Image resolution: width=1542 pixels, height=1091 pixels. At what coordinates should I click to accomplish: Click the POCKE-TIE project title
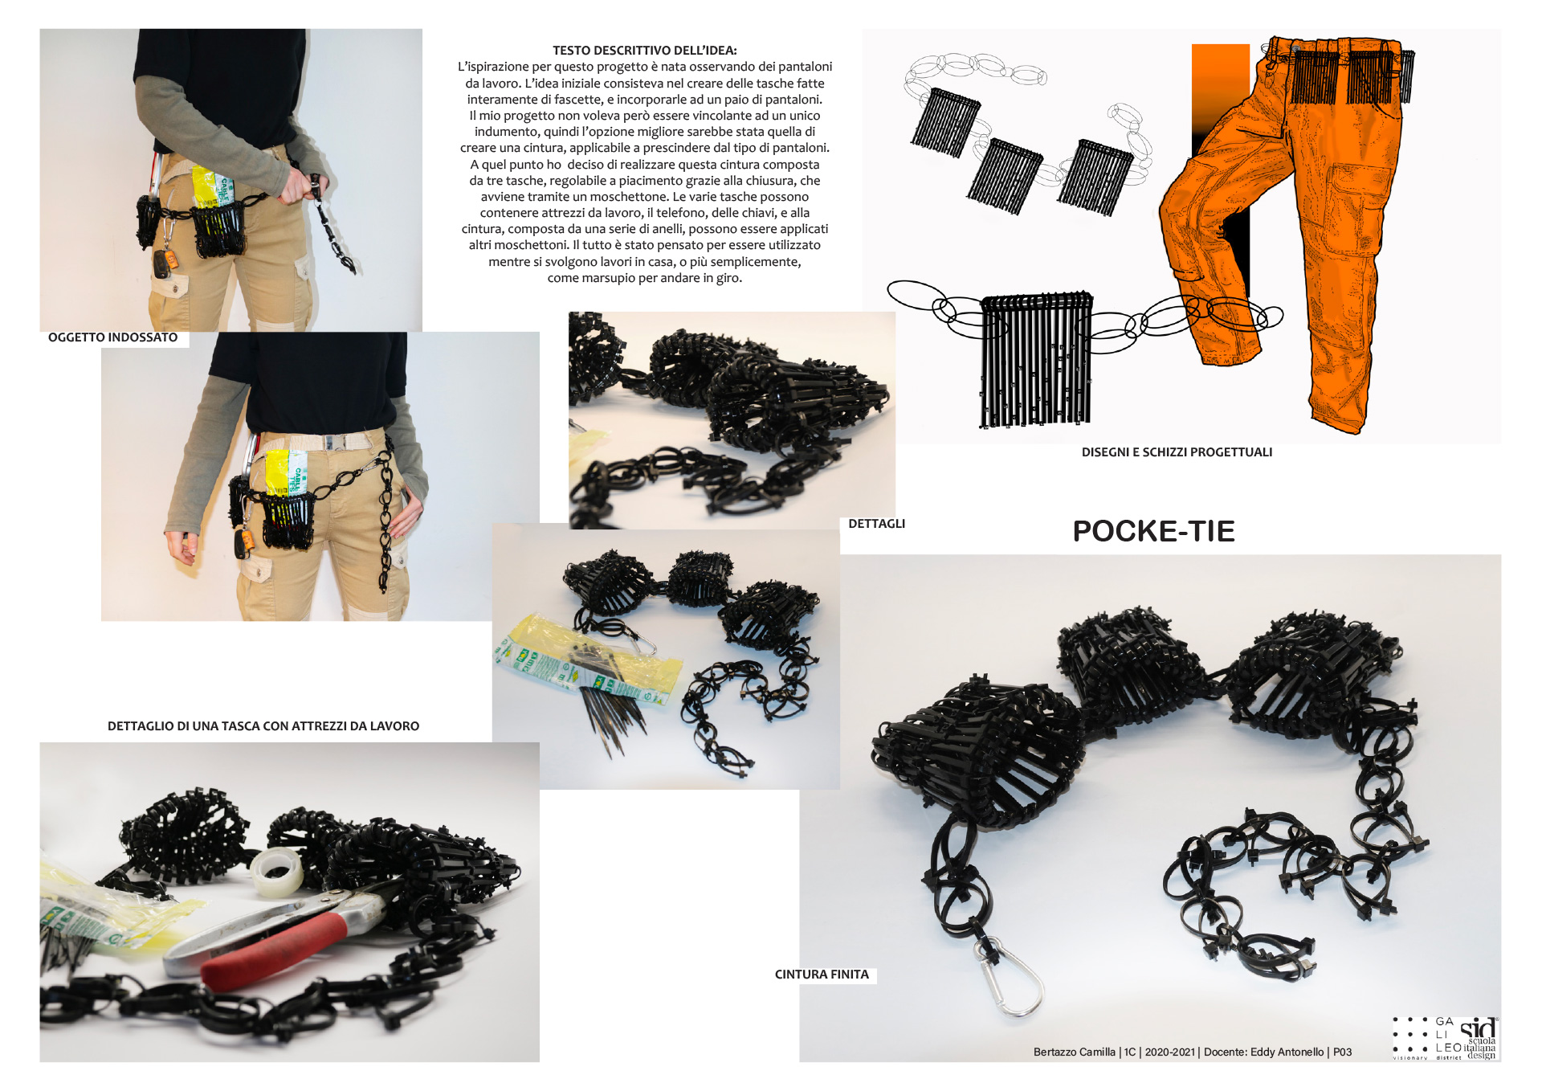[x=1153, y=531]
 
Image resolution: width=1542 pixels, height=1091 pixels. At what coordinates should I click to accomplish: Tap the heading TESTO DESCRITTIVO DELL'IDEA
[x=644, y=51]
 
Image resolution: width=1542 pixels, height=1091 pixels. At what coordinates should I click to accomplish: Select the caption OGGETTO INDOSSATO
[x=113, y=337]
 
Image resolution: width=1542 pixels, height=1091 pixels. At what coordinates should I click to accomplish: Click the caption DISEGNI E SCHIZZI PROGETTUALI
[x=1177, y=452]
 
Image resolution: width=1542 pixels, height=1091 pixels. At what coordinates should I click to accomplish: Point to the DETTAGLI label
[x=876, y=524]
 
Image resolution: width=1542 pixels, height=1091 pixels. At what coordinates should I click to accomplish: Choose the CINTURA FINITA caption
[x=822, y=975]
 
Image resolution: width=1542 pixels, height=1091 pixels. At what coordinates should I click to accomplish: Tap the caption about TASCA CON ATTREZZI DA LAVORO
[x=263, y=726]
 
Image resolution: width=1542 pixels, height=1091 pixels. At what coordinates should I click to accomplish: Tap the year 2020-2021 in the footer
[x=1170, y=1052]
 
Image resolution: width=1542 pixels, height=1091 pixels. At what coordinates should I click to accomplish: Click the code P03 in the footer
[x=1342, y=1052]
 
